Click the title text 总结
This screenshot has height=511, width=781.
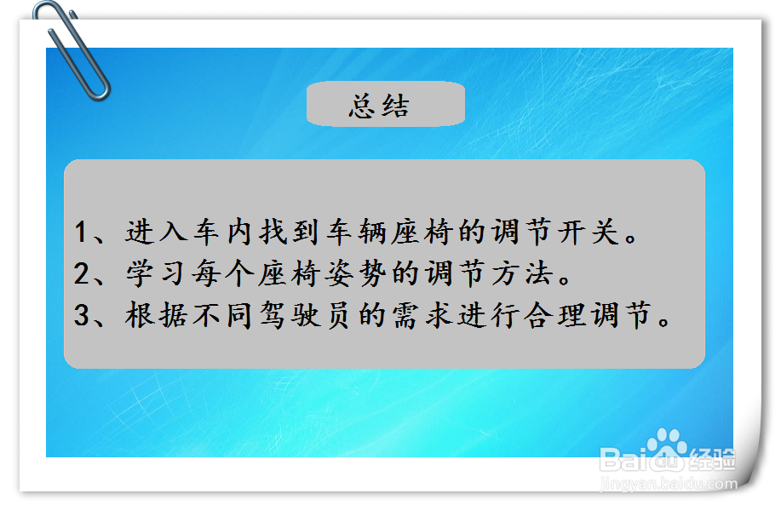(379, 106)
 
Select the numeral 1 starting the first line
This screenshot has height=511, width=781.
(82, 233)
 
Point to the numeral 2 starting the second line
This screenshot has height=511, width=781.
(82, 274)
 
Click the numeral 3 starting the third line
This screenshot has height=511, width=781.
(82, 316)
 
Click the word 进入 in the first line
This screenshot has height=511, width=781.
(153, 233)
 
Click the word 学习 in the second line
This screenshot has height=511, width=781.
(153, 274)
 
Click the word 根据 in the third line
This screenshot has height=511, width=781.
(153, 316)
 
